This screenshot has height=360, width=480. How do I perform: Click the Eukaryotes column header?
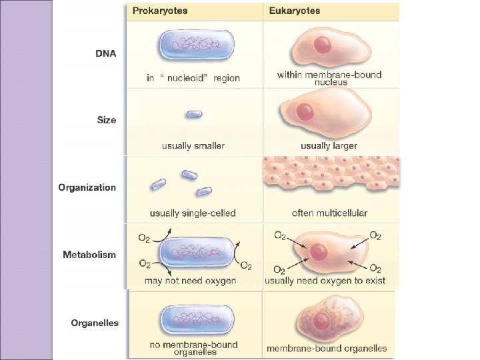coord(295,11)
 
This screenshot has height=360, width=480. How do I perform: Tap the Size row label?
coord(106,121)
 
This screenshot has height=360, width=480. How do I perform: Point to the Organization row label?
coord(87,187)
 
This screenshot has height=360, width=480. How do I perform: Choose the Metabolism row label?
coord(89,255)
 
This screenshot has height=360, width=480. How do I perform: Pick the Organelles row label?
coord(95,323)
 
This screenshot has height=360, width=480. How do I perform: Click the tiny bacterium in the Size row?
coord(194,114)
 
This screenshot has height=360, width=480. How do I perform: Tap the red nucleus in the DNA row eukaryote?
coord(322,45)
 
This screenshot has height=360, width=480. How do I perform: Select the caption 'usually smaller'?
coord(193,145)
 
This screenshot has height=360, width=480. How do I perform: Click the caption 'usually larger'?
coord(329,145)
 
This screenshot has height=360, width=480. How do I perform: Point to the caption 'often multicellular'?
coord(329,213)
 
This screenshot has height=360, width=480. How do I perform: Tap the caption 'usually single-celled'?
coord(193,213)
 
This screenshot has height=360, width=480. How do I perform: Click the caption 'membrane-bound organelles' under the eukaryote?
coord(327,348)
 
